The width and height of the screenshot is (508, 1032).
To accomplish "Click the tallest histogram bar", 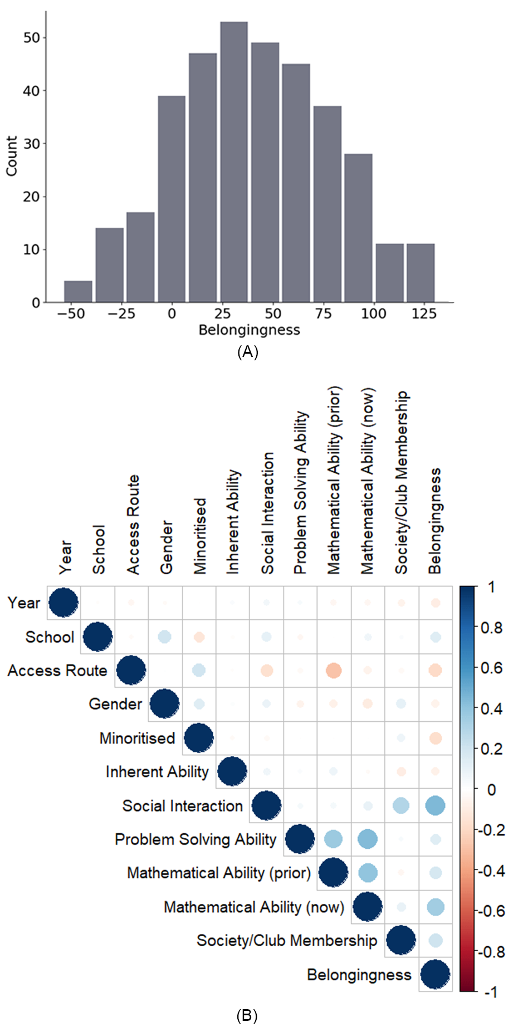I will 233,162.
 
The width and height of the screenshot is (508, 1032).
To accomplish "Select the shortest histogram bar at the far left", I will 78,291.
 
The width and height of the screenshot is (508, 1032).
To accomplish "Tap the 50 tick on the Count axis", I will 32,38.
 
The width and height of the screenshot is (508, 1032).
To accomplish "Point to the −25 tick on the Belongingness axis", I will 121,314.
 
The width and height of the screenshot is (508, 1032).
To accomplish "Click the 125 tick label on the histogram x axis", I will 424,314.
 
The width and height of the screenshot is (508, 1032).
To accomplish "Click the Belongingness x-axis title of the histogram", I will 249,330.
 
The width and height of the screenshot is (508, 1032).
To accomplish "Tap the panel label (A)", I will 247,352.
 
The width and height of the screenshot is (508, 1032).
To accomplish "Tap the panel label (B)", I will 247,1016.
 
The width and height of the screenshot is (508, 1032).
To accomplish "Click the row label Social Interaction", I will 182,806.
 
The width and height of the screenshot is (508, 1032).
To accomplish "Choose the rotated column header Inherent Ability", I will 233,522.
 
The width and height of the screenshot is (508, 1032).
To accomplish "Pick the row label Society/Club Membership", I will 286,941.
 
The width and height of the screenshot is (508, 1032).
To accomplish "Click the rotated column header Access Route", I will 133,524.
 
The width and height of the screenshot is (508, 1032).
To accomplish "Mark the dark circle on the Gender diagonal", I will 164,704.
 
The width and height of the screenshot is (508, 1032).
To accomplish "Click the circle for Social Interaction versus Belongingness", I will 435,805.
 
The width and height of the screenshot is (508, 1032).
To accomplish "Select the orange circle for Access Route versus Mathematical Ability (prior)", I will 334,671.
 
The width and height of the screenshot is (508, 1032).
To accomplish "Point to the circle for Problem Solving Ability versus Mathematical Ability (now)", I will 367,839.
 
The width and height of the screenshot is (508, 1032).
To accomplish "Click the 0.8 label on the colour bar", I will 491,628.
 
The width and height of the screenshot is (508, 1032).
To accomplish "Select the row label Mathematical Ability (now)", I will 253,907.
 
